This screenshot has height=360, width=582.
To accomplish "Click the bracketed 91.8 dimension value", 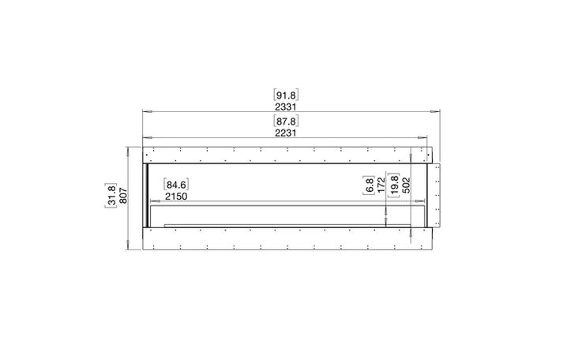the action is pyautogui.click(x=286, y=95).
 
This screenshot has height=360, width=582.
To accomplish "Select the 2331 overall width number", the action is pyautogui.click(x=286, y=107).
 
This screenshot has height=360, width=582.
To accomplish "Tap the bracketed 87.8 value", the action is pyautogui.click(x=286, y=121).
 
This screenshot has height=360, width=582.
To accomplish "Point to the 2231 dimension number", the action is pyautogui.click(x=286, y=133).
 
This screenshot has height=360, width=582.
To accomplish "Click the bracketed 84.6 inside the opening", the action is pyautogui.click(x=176, y=185).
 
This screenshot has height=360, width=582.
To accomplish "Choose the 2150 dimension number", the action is pyautogui.click(x=176, y=197).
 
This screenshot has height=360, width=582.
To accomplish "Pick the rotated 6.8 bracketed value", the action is pyautogui.click(x=369, y=186).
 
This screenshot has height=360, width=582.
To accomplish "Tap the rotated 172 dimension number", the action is pyautogui.click(x=381, y=186).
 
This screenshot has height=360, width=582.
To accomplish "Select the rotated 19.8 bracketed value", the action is pyautogui.click(x=394, y=185).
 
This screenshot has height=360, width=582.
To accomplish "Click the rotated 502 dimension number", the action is pyautogui.click(x=407, y=186).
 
